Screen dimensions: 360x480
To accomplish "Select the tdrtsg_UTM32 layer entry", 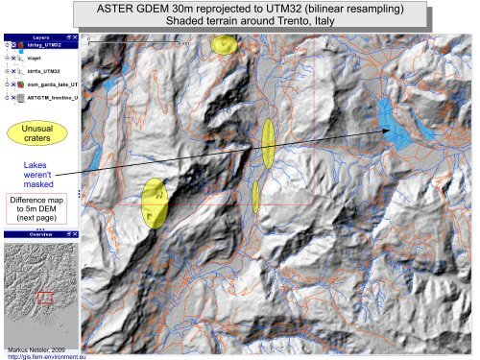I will pyautogui.click(x=45, y=44).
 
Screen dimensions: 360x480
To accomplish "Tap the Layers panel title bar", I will pyautogui.click(x=40, y=36).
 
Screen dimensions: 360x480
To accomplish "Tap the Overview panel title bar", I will pyautogui.click(x=40, y=234).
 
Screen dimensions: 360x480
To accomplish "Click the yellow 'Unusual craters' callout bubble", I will pyautogui.click(x=32, y=133).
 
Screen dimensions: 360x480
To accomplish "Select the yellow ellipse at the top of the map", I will pyautogui.click(x=225, y=44).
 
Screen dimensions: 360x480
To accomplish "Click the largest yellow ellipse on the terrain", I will pyautogui.click(x=155, y=203).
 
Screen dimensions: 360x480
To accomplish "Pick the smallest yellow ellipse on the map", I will pyautogui.click(x=256, y=196).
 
